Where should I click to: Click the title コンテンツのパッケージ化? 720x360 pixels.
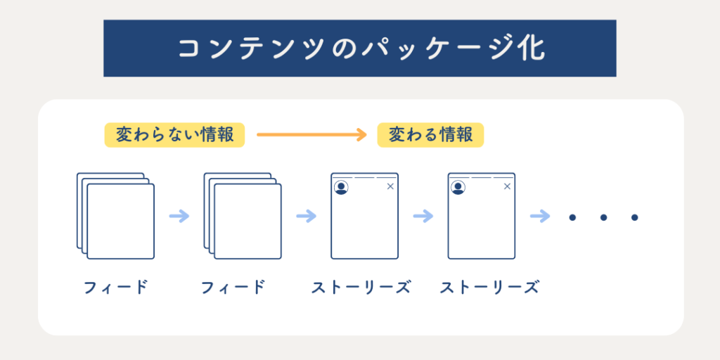[361, 49]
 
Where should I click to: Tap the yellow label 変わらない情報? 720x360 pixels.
[174, 135]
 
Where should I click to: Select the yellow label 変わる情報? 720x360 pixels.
[431, 135]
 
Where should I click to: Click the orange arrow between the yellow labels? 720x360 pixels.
[311, 134]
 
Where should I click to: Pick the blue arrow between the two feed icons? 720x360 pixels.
[179, 216]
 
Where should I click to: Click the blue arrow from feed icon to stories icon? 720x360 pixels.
[307, 216]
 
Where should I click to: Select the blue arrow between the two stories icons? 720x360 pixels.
[423, 216]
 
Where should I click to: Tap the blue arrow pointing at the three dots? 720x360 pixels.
[540, 216]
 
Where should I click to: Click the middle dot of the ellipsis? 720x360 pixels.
[603, 217]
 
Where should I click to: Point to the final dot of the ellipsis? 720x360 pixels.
[635, 217]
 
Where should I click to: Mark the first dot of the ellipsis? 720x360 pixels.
[572, 217]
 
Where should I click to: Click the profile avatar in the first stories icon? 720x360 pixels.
[341, 187]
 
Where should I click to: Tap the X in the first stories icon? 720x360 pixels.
[390, 186]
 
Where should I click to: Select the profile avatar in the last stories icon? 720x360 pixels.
[458, 187]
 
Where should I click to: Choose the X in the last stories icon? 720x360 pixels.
[507, 186]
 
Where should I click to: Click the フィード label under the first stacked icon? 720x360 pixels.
[116, 288]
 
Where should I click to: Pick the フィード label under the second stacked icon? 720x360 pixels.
[233, 288]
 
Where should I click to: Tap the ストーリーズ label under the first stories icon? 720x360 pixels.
[361, 288]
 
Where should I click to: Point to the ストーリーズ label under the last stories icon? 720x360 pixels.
[489, 288]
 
